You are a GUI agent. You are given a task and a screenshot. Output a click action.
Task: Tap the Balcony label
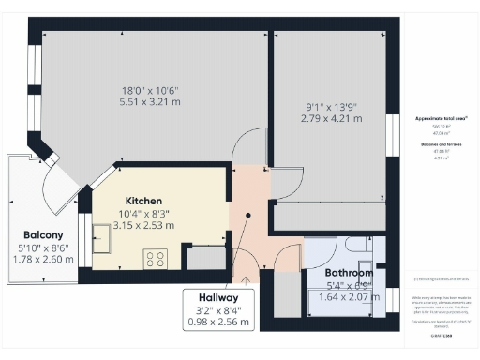click(43, 234)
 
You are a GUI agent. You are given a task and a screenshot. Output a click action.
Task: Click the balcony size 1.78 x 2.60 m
click(43, 259)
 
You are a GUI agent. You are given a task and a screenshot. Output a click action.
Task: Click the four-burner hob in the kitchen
click(156, 258)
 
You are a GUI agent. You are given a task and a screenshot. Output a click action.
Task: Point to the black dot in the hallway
click(247, 215)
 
